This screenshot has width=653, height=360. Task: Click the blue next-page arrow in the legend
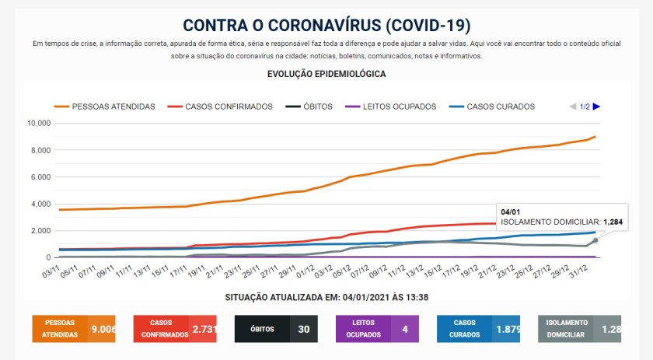(597, 107)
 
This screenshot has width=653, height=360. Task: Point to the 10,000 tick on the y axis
(38, 123)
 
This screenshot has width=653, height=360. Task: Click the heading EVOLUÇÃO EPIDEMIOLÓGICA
(326, 74)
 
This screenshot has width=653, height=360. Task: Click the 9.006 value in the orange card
(103, 329)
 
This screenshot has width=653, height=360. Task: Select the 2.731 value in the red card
(204, 329)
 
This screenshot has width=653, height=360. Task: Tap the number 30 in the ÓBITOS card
(304, 329)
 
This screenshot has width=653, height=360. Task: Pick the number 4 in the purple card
(405, 329)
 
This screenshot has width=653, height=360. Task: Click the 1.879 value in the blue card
(506, 329)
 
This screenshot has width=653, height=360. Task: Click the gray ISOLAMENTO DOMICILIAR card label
(566, 329)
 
